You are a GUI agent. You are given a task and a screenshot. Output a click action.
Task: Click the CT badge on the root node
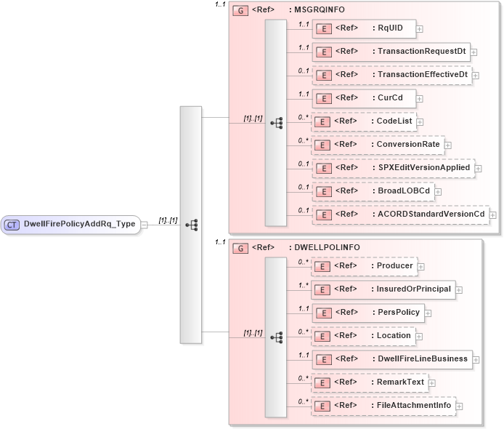point(12,224)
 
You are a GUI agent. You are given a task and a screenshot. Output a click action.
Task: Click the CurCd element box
point(363,98)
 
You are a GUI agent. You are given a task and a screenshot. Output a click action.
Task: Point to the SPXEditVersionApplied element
point(392,168)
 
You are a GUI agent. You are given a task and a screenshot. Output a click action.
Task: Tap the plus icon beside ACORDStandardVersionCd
point(493,214)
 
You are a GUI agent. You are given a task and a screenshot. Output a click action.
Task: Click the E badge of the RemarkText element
point(323,382)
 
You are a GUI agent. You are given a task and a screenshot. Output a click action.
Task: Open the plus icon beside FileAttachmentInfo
point(459,406)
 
